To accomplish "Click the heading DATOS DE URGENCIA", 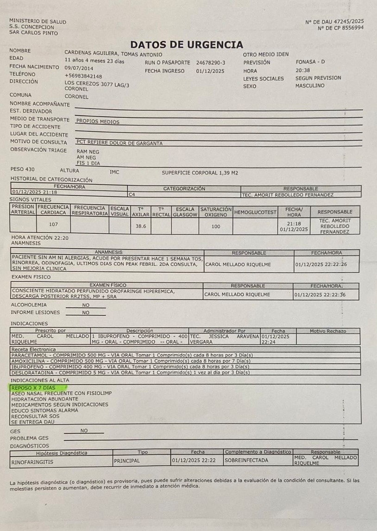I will (x=187, y=45).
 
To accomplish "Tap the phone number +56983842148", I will (x=83, y=75).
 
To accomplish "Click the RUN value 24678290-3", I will (x=211, y=62).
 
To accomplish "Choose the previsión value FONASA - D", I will (x=310, y=62).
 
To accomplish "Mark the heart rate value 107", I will (x=53, y=225).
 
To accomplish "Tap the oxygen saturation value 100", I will (x=215, y=226).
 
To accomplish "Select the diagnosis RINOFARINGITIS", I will (x=32, y=461).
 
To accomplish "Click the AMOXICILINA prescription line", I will (x=131, y=361).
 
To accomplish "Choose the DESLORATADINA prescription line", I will (x=131, y=372).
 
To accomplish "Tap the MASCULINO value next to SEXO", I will (x=310, y=86).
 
